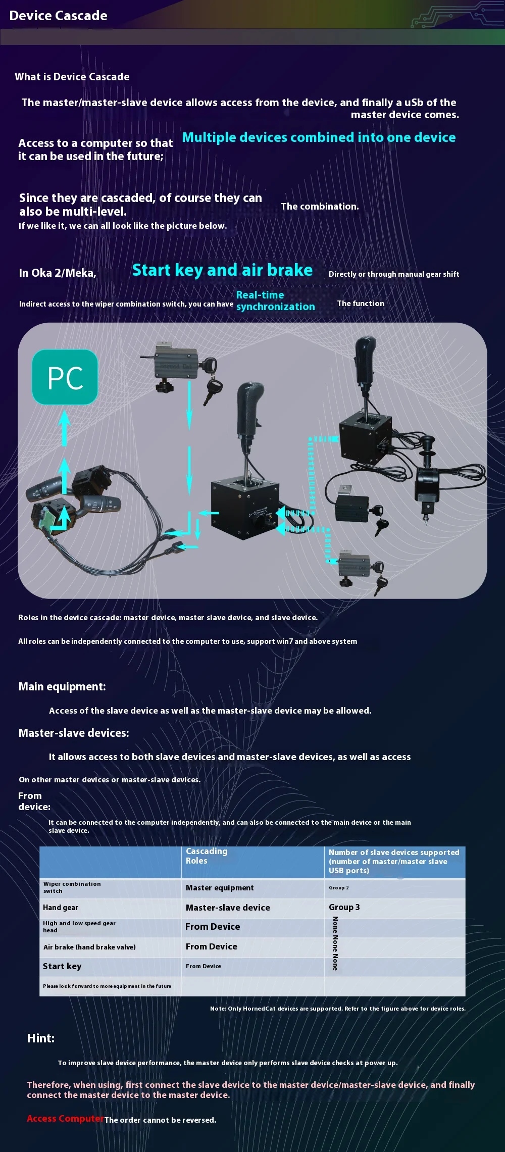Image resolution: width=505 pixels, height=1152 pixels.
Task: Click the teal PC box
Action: click(x=65, y=377)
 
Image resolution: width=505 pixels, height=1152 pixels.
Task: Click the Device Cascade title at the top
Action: click(x=58, y=16)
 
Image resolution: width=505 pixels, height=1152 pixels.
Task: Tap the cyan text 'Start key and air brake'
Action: click(x=222, y=270)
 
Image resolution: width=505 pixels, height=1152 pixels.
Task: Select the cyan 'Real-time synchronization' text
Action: click(x=275, y=301)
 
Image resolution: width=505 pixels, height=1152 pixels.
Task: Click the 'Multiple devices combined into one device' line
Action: click(x=319, y=137)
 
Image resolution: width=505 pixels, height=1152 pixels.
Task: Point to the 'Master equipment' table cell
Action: click(x=220, y=888)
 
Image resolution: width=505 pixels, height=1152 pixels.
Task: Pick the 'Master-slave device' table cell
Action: click(x=228, y=908)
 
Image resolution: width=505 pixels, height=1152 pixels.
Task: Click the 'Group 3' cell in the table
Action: click(x=344, y=907)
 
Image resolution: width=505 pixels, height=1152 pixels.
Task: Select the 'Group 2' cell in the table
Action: click(x=339, y=888)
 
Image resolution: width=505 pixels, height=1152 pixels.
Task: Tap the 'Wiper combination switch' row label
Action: click(x=72, y=887)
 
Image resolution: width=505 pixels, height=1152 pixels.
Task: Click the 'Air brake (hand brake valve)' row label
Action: click(x=89, y=947)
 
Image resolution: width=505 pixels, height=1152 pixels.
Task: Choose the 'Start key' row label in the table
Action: click(x=62, y=966)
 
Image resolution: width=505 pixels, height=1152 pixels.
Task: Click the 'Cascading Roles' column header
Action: click(x=207, y=856)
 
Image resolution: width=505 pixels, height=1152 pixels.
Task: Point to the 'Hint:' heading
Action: click(x=41, y=1038)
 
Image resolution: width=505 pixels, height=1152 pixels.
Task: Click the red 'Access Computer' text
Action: click(x=65, y=1119)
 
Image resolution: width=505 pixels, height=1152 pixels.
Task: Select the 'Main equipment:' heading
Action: click(x=62, y=686)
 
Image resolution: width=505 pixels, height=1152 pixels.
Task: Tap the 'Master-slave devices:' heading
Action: click(x=74, y=733)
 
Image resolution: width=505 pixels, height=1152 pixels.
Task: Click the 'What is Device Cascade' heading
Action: click(x=72, y=77)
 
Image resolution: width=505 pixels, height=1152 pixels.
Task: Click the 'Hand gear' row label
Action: click(x=61, y=908)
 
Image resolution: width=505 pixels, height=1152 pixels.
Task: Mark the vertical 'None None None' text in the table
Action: click(x=335, y=943)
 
